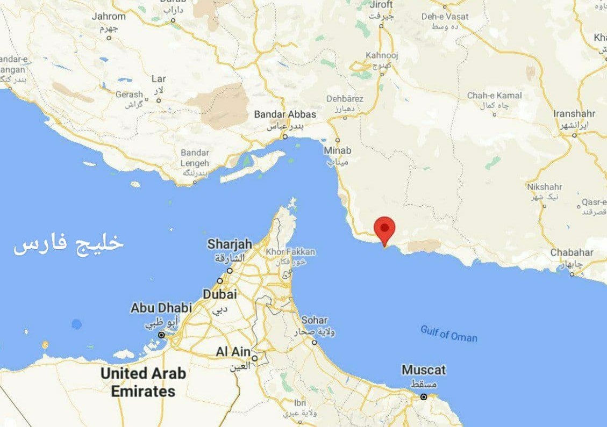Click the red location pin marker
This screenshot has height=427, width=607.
point(384,229)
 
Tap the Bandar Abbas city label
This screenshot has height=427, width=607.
point(285,114)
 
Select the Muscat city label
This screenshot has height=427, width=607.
point(424,370)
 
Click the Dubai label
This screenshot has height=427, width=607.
point(219,294)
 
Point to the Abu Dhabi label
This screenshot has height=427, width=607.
point(161,308)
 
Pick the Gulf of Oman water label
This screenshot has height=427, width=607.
point(448,334)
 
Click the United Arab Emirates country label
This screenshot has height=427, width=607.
point(143,382)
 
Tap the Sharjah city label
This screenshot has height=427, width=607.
point(230,244)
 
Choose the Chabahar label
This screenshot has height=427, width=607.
point(572,252)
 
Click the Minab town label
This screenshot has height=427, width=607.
point(337,150)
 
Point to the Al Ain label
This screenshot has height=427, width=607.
point(233,352)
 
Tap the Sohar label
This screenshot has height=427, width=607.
point(314,320)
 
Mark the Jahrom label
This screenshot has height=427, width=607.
point(109,16)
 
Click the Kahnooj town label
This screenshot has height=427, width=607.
point(381,55)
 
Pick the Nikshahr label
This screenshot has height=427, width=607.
point(545,187)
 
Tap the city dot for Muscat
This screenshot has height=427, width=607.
point(424,397)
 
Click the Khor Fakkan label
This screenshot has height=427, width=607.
point(291,252)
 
